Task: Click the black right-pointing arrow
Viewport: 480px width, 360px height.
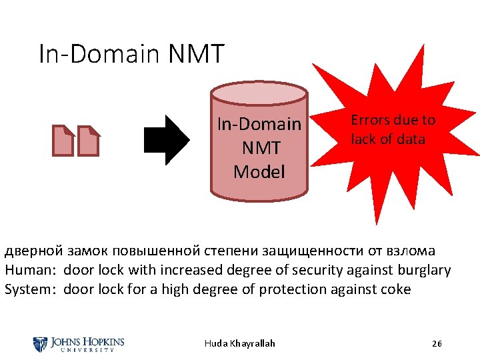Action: pyautogui.click(x=167, y=140)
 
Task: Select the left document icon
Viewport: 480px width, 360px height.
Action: pyautogui.click(x=64, y=141)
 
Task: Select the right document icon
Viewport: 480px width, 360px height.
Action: pyautogui.click(x=89, y=141)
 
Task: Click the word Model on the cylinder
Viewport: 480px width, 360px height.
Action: pyautogui.click(x=259, y=172)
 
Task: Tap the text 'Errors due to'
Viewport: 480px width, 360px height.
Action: pyautogui.click(x=393, y=120)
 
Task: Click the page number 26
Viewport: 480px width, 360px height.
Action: pyautogui.click(x=437, y=343)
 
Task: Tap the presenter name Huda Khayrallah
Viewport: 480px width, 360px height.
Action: pyautogui.click(x=239, y=343)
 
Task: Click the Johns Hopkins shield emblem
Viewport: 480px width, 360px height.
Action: pyautogui.click(x=39, y=344)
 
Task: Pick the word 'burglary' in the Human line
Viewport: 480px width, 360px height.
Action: pyautogui.click(x=422, y=270)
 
